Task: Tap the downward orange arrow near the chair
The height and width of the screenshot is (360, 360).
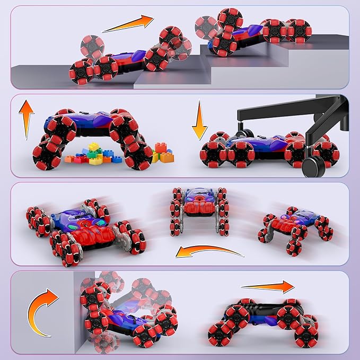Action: coord(199,120)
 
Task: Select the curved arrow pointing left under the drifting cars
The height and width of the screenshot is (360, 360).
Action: coord(209,250)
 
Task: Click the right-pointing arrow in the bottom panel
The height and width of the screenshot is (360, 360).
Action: coord(267,287)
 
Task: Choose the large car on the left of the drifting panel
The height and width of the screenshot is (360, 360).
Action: coord(85,228)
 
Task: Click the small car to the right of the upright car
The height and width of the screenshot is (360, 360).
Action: coord(294,225)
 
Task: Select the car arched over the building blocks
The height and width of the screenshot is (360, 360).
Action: coord(90,133)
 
